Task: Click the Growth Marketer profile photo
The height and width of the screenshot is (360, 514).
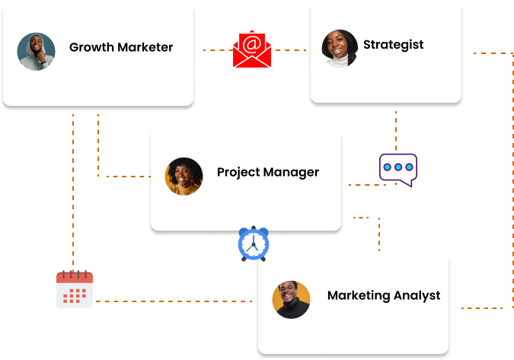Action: tap(36, 52)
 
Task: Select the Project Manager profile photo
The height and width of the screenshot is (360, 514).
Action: tap(184, 177)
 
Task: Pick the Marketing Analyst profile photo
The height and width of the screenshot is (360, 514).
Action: tap(292, 299)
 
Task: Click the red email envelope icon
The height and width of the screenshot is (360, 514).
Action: tap(252, 50)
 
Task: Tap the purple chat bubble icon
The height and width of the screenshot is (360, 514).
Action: tap(398, 169)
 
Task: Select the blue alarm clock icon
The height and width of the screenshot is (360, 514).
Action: tap(254, 244)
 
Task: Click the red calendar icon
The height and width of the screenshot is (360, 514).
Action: tap(75, 289)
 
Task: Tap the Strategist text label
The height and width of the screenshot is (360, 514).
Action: tap(394, 44)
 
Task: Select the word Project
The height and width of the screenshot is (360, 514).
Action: tap(238, 172)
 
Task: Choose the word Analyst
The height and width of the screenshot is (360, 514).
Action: tap(416, 295)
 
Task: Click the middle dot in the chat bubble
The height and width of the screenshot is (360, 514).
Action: tap(398, 167)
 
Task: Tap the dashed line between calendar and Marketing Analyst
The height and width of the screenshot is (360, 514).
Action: tap(175, 301)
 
